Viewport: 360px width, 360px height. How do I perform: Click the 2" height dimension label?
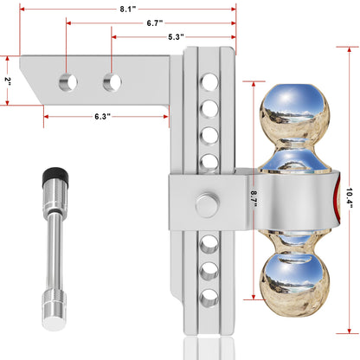[7, 80]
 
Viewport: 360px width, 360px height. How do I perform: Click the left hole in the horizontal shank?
[67, 82]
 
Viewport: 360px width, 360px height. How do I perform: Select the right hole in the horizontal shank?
[112, 82]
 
